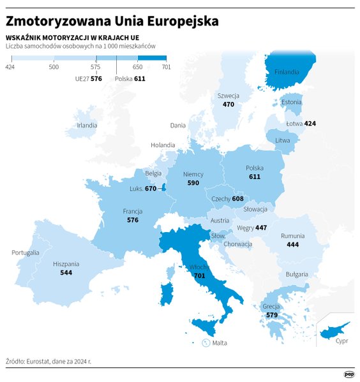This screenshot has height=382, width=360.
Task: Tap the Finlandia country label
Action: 287,71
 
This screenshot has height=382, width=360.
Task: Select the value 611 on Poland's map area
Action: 255,177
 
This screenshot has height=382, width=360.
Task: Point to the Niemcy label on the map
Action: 193,173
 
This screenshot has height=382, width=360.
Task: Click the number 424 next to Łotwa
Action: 310,122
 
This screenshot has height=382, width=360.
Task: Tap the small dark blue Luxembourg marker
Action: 164,187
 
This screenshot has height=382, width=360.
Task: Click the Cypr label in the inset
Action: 341,341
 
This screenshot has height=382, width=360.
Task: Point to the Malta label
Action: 220,342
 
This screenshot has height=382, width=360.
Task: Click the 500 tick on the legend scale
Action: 54,67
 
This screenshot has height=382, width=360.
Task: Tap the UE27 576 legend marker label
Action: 87,79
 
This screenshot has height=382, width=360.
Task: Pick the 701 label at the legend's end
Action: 166,67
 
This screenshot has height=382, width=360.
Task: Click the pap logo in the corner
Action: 349,374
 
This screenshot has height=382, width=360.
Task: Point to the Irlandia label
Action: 87,126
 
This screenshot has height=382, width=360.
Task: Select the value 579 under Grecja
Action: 271,315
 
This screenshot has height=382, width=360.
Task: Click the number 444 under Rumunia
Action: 293,244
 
